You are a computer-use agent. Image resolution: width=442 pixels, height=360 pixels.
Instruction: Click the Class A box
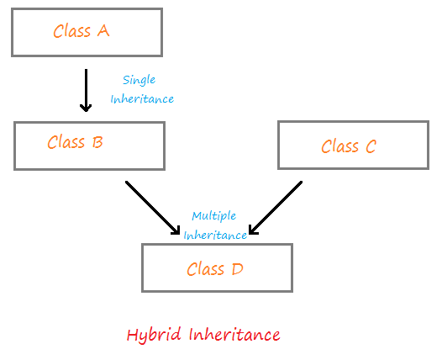pyautogui.click(x=87, y=32)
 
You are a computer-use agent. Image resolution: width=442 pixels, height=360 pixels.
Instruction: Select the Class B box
pyautogui.click(x=89, y=144)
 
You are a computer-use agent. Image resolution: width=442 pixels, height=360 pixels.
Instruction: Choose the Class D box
pyautogui.click(x=217, y=268)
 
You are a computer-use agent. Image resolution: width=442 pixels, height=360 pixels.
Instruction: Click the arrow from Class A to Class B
pyautogui.click(x=85, y=89)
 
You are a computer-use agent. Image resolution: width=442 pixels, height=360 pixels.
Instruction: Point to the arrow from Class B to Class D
pyautogui.click(x=152, y=207)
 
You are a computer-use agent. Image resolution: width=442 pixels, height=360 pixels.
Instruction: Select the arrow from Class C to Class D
pyautogui.click(x=276, y=208)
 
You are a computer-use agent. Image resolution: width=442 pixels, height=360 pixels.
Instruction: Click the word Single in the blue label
pyautogui.click(x=139, y=81)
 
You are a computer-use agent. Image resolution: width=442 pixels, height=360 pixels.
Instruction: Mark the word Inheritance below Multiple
pyautogui.click(x=215, y=235)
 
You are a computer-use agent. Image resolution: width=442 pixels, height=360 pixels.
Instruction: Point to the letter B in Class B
pyautogui.click(x=97, y=143)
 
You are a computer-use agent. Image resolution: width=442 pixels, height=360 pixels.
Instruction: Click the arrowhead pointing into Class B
pyautogui.click(x=85, y=107)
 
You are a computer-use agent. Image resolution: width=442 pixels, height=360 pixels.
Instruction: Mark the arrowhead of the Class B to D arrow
pyautogui.click(x=175, y=230)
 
